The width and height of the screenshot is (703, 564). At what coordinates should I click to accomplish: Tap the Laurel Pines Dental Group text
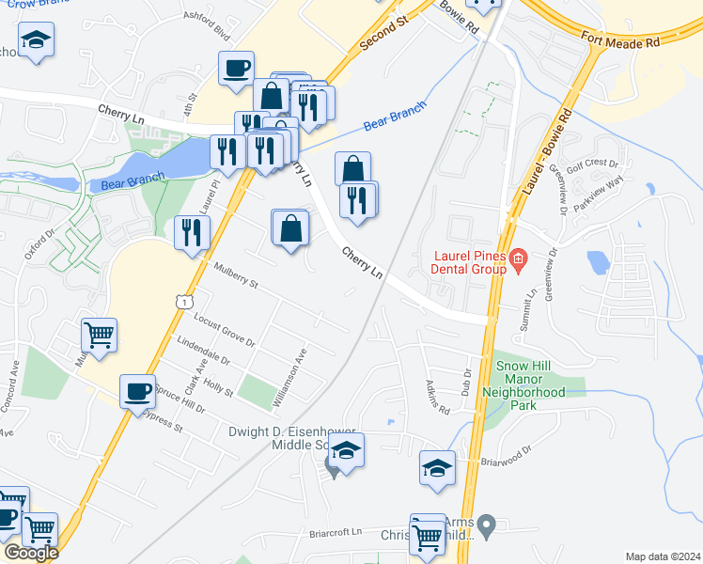click(x=469, y=262)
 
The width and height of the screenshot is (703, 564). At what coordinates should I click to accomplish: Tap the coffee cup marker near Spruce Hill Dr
click(x=138, y=391)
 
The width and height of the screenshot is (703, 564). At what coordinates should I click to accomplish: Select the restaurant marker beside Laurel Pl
click(x=192, y=231)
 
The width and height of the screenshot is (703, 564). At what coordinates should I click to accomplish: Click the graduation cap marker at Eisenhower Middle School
click(x=346, y=451)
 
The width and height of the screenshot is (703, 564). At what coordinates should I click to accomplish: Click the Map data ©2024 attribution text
click(x=664, y=556)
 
